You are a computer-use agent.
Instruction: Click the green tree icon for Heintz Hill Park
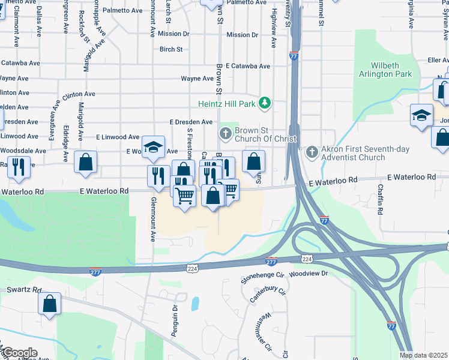[x=264, y=104]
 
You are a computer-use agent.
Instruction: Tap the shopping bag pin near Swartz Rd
[x=50, y=304]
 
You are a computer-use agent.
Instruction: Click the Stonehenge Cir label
[x=262, y=275]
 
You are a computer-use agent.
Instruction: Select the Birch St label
[x=171, y=49]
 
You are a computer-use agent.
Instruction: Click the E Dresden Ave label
[x=191, y=122]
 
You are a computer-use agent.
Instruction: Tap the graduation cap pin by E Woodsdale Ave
[x=153, y=147]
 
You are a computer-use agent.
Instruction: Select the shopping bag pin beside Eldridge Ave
[x=85, y=161]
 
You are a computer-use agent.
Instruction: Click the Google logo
[x=19, y=353]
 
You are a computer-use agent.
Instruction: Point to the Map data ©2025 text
[x=423, y=355]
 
